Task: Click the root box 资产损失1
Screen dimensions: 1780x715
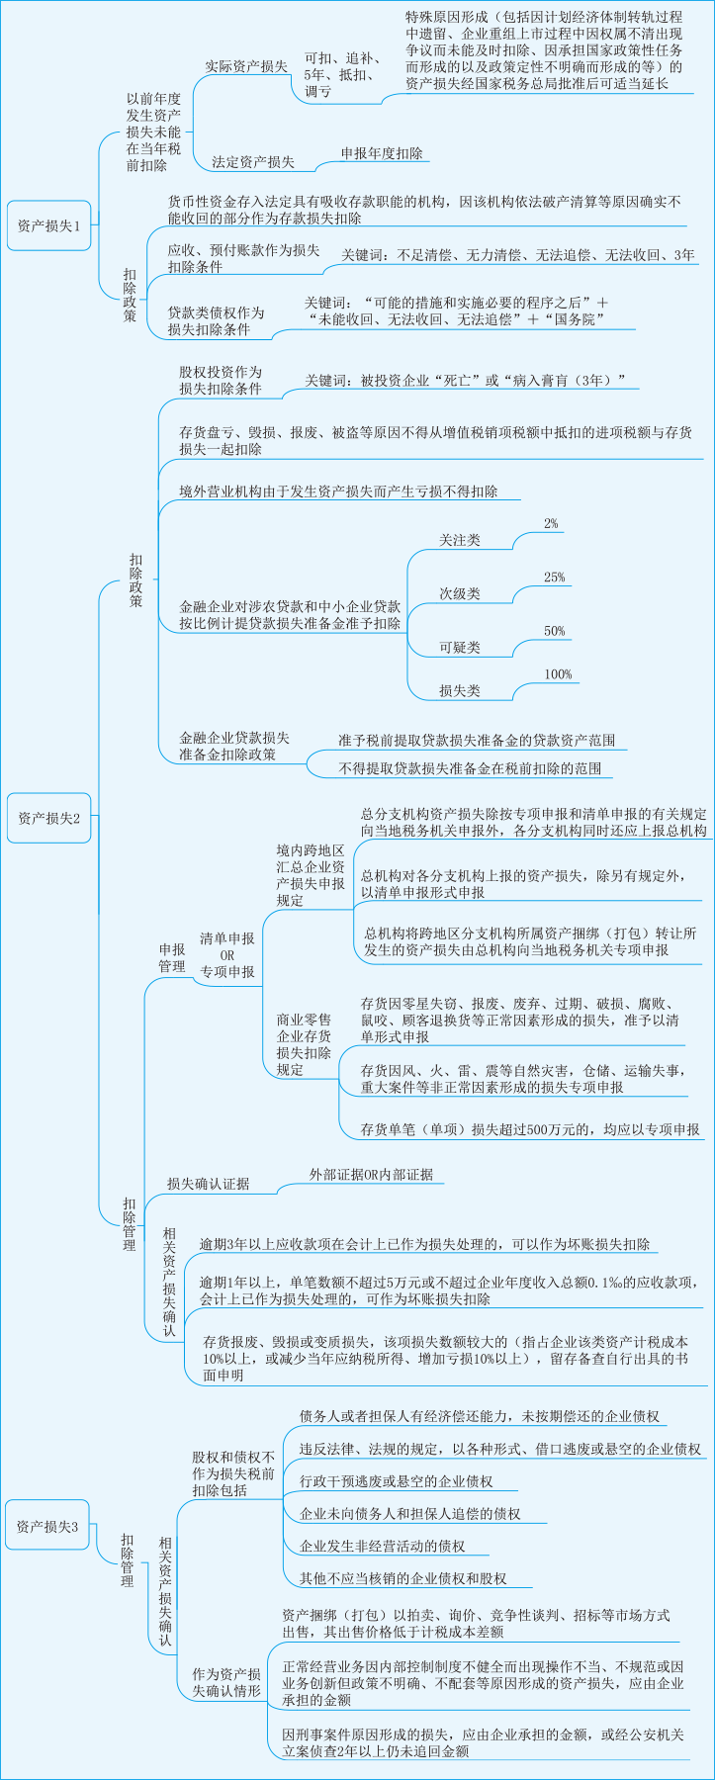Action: point(48,225)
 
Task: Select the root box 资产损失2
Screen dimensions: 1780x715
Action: point(48,818)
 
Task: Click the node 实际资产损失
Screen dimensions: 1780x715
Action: point(246,67)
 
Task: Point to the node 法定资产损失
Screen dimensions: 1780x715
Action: point(252,161)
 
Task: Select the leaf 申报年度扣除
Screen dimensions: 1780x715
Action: point(382,153)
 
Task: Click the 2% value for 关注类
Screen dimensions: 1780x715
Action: point(551,523)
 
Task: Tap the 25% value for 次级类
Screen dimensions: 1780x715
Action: point(554,578)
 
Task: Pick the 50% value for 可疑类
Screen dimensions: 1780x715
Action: point(554,631)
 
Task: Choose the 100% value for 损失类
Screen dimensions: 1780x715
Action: point(558,674)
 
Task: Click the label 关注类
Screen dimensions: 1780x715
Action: point(460,540)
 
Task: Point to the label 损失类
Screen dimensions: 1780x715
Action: point(460,691)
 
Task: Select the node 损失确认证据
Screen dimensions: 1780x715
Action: point(208,1184)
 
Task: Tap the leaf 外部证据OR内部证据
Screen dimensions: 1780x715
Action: point(371,1175)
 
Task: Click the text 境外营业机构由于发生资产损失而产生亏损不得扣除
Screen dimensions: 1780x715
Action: point(338,491)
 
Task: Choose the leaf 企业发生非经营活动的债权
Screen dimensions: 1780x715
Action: point(382,1546)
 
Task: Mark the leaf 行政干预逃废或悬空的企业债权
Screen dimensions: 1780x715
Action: point(396,1482)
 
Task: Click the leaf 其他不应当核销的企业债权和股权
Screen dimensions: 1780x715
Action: point(402,1578)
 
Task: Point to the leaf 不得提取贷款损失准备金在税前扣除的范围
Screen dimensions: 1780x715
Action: point(469,768)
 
